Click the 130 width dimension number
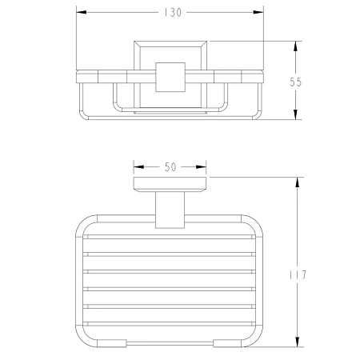(173, 13)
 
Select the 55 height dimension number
(296, 82)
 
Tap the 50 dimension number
(170, 167)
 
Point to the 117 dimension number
(298, 275)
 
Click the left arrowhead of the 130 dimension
(82, 12)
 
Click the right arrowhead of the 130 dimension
(258, 12)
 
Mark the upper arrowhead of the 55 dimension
(295, 46)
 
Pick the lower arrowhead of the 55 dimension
(295, 114)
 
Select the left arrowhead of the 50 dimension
(138, 167)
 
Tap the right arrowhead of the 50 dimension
(201, 167)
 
